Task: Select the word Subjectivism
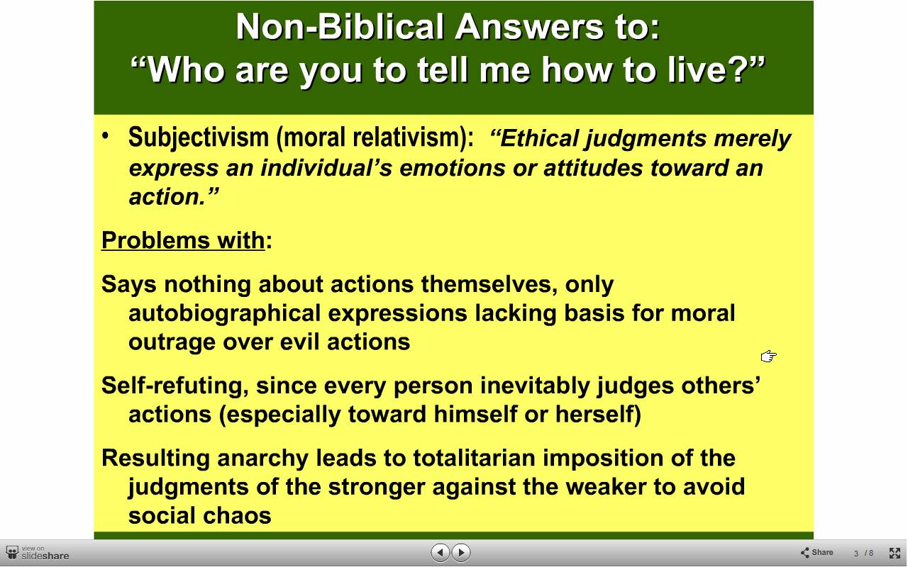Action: (198, 138)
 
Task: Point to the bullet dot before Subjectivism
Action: (106, 135)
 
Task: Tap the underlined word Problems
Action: (155, 241)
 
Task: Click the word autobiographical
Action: (225, 314)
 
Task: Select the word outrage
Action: (172, 342)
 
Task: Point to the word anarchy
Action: (262, 459)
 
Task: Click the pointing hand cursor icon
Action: (768, 357)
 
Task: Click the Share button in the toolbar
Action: (816, 552)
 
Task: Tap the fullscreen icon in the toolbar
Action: (895, 553)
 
